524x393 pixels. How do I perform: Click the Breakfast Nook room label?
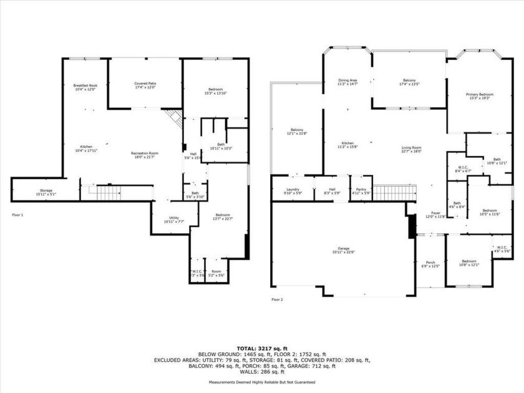(x=85, y=87)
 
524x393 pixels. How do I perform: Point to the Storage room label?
(x=46, y=192)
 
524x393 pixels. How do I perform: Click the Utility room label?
(x=171, y=220)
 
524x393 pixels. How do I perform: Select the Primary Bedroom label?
(x=478, y=96)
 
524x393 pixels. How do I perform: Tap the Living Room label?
(x=412, y=149)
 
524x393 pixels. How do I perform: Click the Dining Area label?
(x=347, y=82)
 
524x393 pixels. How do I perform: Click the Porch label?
(x=430, y=264)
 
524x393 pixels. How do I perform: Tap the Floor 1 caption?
(x=17, y=215)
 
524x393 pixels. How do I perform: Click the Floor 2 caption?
(x=277, y=300)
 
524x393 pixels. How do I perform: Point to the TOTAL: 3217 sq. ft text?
(x=261, y=347)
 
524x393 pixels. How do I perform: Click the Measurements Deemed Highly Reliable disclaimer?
(x=261, y=382)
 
